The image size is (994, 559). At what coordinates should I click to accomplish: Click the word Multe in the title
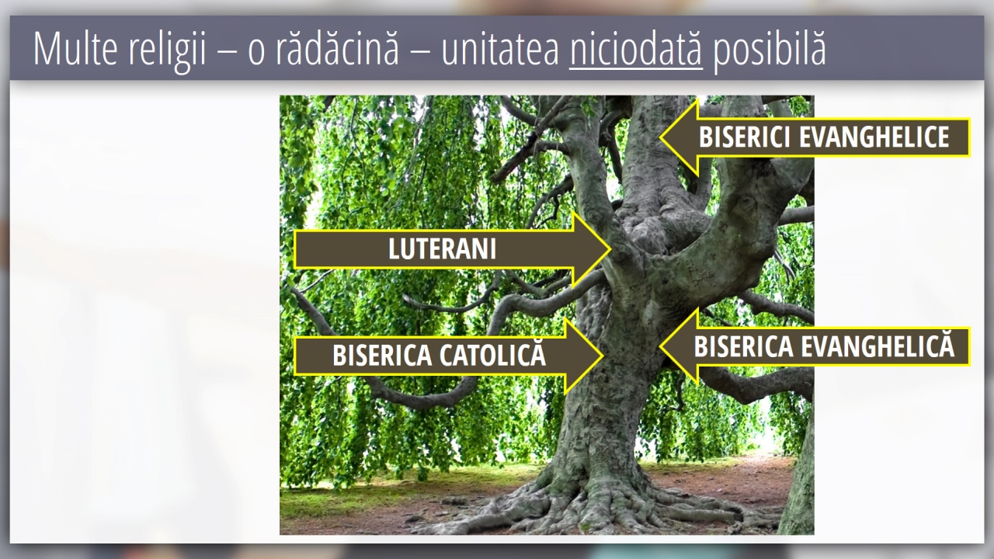point(75,48)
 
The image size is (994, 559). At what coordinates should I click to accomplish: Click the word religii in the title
point(167,51)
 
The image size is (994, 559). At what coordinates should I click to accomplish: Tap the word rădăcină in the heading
point(338,48)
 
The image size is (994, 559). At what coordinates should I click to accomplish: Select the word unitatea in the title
point(500,48)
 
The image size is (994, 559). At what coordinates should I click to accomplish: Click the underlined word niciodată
point(636,48)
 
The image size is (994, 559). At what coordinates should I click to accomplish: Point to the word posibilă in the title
point(770,51)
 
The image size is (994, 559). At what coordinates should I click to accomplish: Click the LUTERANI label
point(443,249)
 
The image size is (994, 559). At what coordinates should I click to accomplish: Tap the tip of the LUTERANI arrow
point(610,249)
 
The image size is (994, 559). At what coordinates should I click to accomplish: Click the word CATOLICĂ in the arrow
point(492,354)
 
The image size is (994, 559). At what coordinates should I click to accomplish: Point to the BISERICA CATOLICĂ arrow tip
point(603,356)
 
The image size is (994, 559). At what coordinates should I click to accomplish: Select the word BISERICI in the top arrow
point(744,137)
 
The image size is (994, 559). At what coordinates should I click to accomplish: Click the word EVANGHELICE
point(874,137)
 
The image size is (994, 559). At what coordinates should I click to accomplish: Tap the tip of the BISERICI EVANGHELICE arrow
point(660,137)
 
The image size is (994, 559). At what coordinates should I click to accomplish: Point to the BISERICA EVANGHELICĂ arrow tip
point(660,346)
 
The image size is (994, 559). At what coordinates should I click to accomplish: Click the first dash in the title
point(228,50)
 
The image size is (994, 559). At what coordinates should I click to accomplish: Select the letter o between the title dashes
point(256,53)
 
